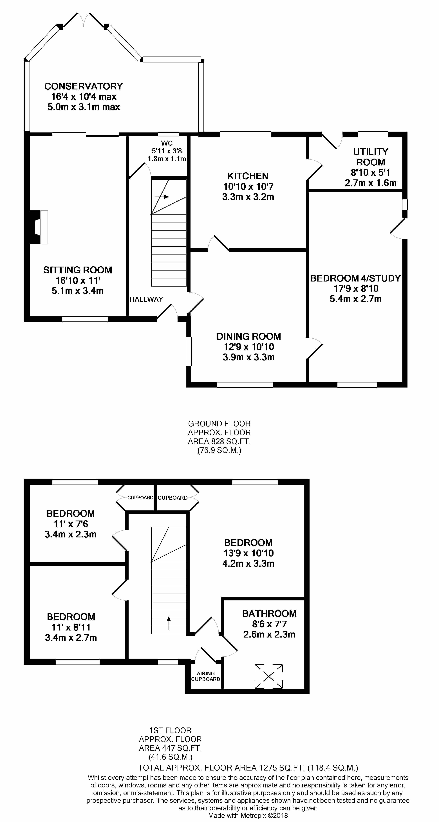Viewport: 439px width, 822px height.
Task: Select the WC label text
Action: [x=167, y=143]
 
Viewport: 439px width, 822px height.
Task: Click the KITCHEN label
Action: [x=248, y=176]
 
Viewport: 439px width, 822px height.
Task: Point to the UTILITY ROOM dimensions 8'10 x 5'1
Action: [x=370, y=173]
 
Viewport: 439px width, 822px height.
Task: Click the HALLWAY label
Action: [x=146, y=299]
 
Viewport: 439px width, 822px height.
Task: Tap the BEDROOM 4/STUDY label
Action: [x=355, y=278]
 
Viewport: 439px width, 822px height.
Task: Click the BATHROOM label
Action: [x=269, y=614]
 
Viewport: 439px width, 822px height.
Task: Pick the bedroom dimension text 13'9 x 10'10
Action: [x=248, y=553]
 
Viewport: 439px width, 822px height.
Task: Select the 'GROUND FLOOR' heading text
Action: [x=219, y=424]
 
